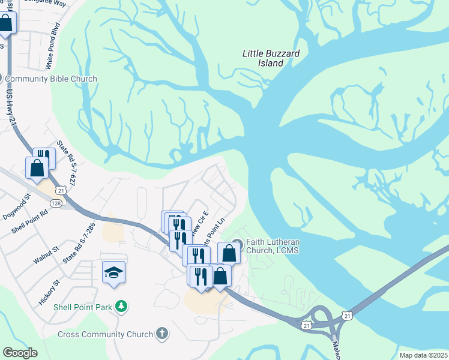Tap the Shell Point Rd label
tap(29, 223)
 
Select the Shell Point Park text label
tap(83, 307)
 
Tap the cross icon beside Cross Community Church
tap(161, 334)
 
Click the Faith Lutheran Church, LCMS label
tap(273, 246)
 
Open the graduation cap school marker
tap(114, 272)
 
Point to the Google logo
tap(20, 353)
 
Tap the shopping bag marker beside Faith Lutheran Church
tap(229, 252)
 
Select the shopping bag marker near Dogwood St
tap(37, 167)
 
